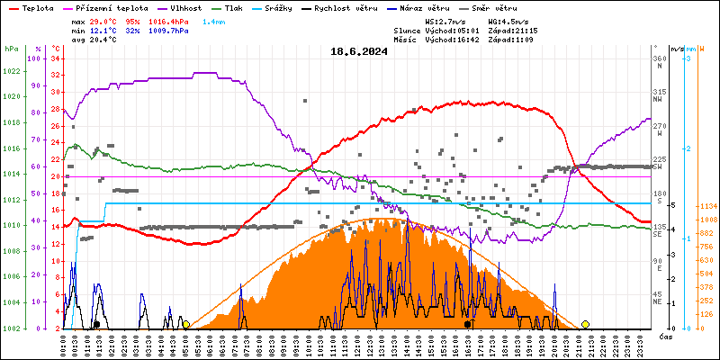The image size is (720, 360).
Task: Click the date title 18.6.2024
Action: [358, 51]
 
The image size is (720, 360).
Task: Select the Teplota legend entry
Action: [36, 7]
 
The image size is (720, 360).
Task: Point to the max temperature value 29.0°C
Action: [106, 20]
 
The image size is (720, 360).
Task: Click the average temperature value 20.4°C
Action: [106, 40]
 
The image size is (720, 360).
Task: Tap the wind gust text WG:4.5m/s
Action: [507, 20]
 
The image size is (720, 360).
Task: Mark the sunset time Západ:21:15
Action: [519, 30]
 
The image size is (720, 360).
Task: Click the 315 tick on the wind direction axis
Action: [660, 92]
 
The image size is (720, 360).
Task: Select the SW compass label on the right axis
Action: [659, 166]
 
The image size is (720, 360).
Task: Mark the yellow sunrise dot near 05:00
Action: [185, 324]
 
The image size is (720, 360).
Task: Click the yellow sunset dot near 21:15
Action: [585, 324]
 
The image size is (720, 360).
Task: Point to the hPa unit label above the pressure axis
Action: [12, 49]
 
